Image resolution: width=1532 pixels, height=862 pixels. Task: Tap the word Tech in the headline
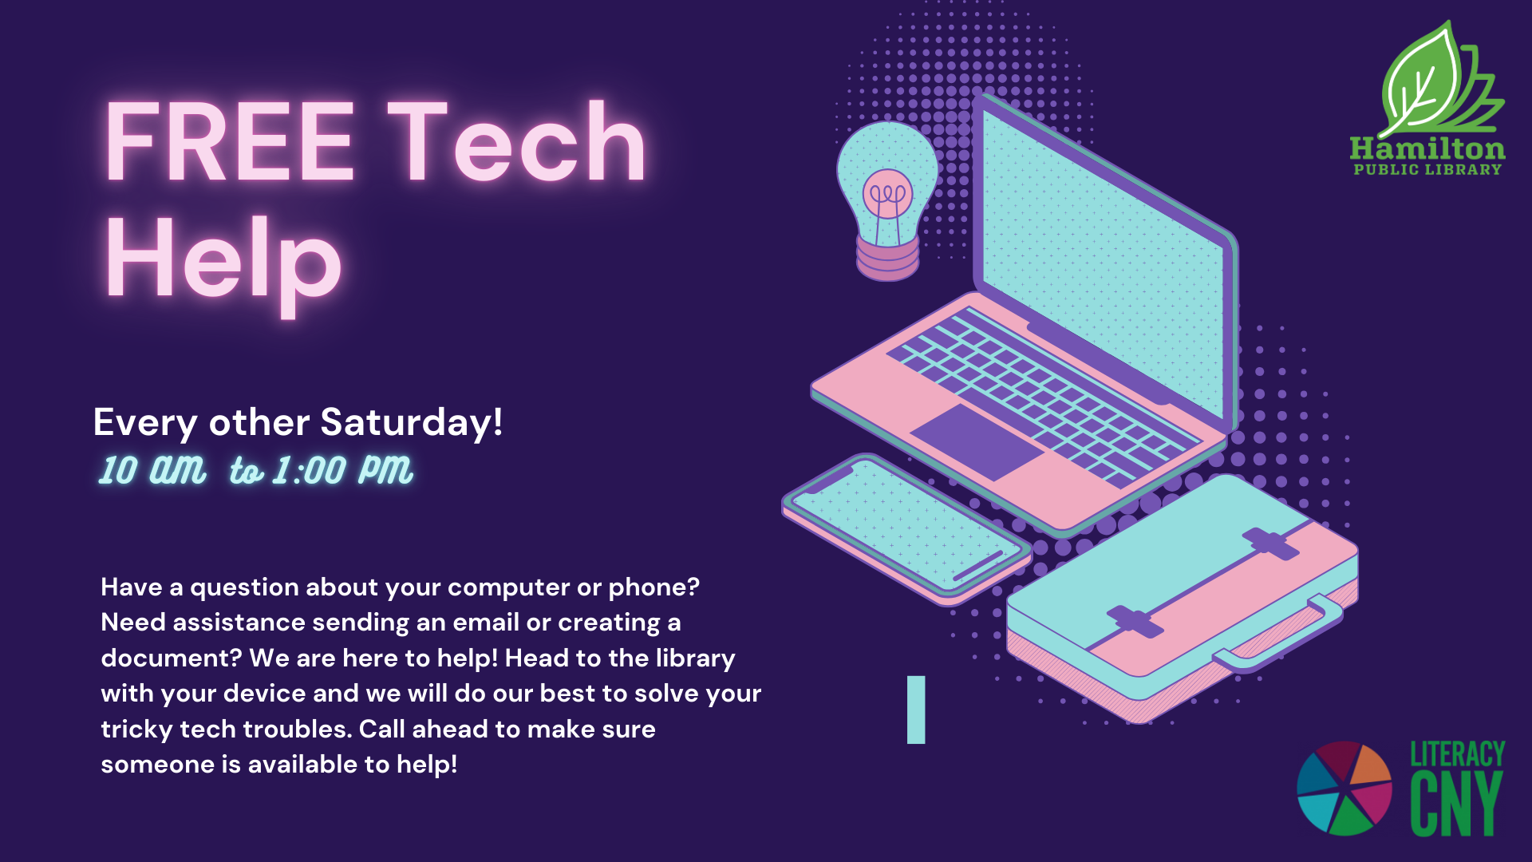click(517, 140)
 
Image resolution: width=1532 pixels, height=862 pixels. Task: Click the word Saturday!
click(412, 422)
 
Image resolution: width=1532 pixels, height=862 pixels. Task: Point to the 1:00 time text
click(309, 471)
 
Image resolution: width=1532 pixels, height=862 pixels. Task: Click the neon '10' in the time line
click(118, 471)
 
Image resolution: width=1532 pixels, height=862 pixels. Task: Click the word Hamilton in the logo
click(1427, 148)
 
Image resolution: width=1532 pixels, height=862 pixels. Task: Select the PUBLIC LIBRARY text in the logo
click(1427, 169)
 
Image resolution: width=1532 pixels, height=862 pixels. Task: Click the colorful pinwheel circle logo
click(1344, 788)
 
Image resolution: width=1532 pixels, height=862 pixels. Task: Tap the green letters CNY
click(1456, 804)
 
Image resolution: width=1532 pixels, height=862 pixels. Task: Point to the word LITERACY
click(1458, 754)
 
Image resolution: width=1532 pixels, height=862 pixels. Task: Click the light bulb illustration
click(887, 200)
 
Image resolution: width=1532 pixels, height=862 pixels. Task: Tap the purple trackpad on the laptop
click(977, 442)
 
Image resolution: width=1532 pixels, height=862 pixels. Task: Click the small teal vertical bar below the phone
click(916, 710)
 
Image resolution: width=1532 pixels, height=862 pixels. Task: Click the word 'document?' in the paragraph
click(172, 658)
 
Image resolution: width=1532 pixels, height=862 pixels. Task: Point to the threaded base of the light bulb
click(887, 259)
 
